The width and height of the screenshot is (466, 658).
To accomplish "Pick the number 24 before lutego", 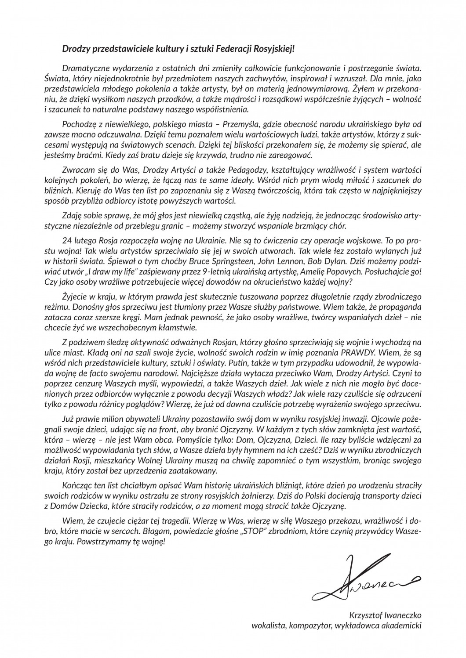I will point(67,242).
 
